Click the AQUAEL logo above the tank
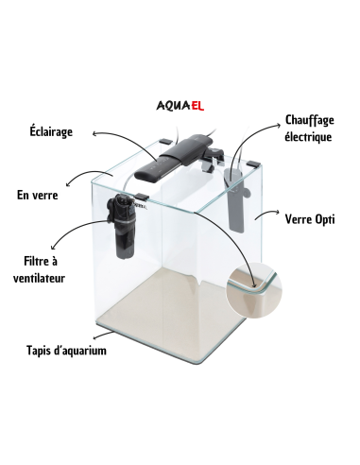point(180,106)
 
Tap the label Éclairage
point(51,131)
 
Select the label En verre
point(38,195)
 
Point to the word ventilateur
point(39,278)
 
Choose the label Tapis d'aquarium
point(66,351)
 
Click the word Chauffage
point(310,120)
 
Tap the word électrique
point(308,137)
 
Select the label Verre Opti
point(310,219)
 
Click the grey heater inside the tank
point(235,199)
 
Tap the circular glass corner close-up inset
point(254,290)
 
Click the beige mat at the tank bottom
point(170,312)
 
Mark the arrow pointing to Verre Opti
point(266,215)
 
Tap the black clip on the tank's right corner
point(253,164)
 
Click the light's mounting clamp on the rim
point(214,159)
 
